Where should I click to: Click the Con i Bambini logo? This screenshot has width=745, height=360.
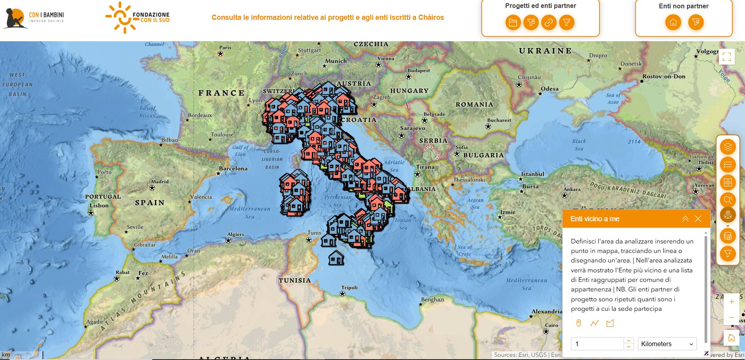coord(34,18)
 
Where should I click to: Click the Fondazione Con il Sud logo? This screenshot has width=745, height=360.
coord(138,17)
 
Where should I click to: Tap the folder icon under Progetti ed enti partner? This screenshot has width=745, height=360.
coord(513,23)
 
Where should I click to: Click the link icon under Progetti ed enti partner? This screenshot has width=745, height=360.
coord(549,23)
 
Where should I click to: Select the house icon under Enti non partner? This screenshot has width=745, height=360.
coord(673,23)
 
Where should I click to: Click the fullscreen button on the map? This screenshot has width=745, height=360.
coord(726,57)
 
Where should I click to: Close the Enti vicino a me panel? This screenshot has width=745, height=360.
coord(698,219)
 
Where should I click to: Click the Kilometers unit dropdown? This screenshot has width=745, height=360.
coord(667,344)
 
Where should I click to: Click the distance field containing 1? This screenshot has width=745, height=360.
coord(597,344)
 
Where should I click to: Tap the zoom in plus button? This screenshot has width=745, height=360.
coord(732,302)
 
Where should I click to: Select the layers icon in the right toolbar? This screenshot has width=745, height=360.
coord(728,147)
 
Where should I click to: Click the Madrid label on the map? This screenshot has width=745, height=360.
coord(160,182)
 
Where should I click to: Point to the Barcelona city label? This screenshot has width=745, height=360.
coord(233,169)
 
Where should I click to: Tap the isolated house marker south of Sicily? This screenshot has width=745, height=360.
coord(336,258)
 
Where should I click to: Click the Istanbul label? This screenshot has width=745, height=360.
coord(532,174)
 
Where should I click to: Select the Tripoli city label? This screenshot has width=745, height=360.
coord(349,288)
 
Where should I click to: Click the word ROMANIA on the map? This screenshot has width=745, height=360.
coord(474,105)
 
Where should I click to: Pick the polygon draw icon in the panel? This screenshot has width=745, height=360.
coord(610,323)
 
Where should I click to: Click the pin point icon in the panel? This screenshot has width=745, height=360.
coord(578,323)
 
